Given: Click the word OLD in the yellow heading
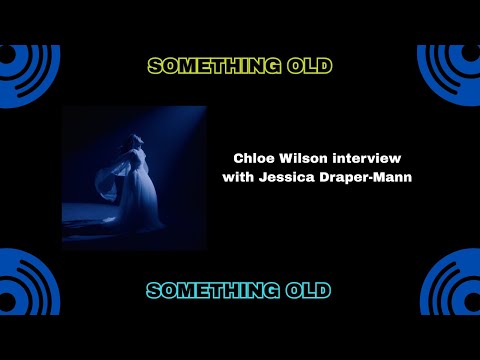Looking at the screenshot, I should [308, 67].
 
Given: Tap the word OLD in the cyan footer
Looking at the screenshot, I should [308, 291].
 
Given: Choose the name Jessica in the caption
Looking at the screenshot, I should [284, 177].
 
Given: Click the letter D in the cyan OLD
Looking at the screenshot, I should [325, 291].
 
